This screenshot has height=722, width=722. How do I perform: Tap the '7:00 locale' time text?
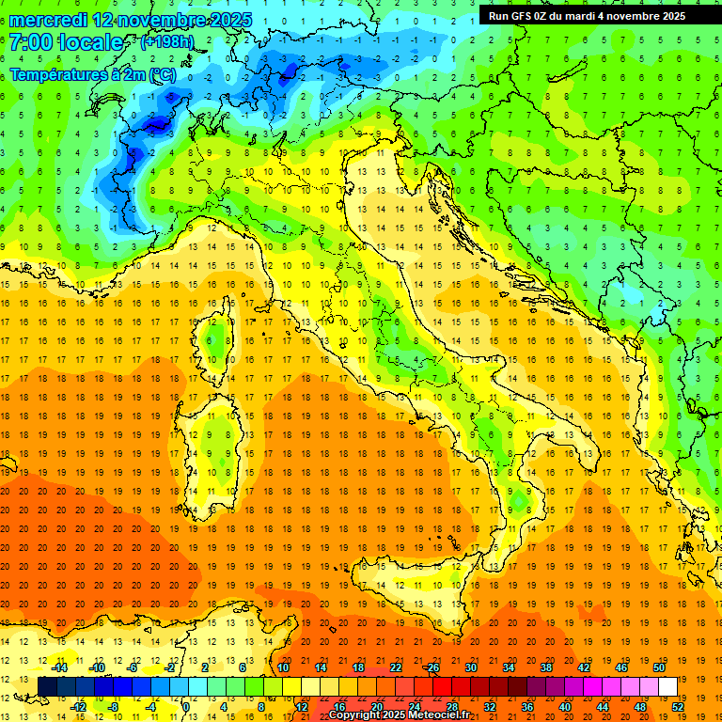click(x=66, y=42)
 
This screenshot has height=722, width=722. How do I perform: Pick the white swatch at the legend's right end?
click(x=667, y=686)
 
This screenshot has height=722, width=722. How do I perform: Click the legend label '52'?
click(x=679, y=706)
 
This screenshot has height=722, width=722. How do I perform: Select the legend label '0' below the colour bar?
click(x=186, y=706)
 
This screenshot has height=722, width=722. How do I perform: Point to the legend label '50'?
click(x=659, y=667)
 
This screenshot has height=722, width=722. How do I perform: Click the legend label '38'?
click(x=546, y=667)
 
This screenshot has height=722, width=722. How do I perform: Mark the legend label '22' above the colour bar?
click(x=396, y=667)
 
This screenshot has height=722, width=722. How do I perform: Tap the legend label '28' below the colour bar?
click(x=452, y=706)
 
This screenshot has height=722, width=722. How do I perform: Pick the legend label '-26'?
click(x=432, y=667)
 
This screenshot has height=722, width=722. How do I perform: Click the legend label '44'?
click(x=603, y=706)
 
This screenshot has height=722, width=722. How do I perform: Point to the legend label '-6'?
click(x=133, y=667)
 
